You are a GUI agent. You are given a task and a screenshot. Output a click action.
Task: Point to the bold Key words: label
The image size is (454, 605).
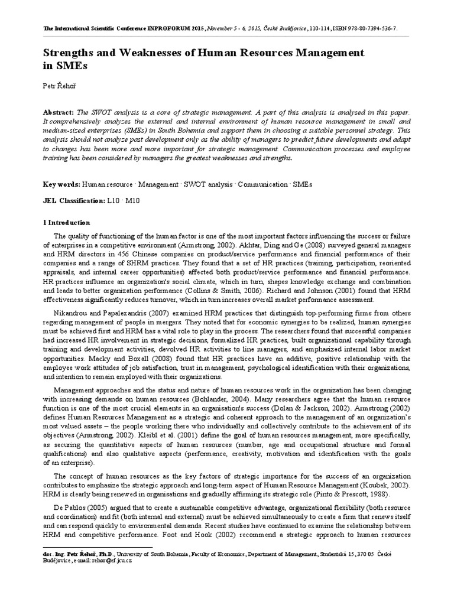tap(61, 184)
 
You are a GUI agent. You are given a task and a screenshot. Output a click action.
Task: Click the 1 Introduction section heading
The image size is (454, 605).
tap(67, 223)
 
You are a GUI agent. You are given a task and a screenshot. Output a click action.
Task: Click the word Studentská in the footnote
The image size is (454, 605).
tap(336, 554)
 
